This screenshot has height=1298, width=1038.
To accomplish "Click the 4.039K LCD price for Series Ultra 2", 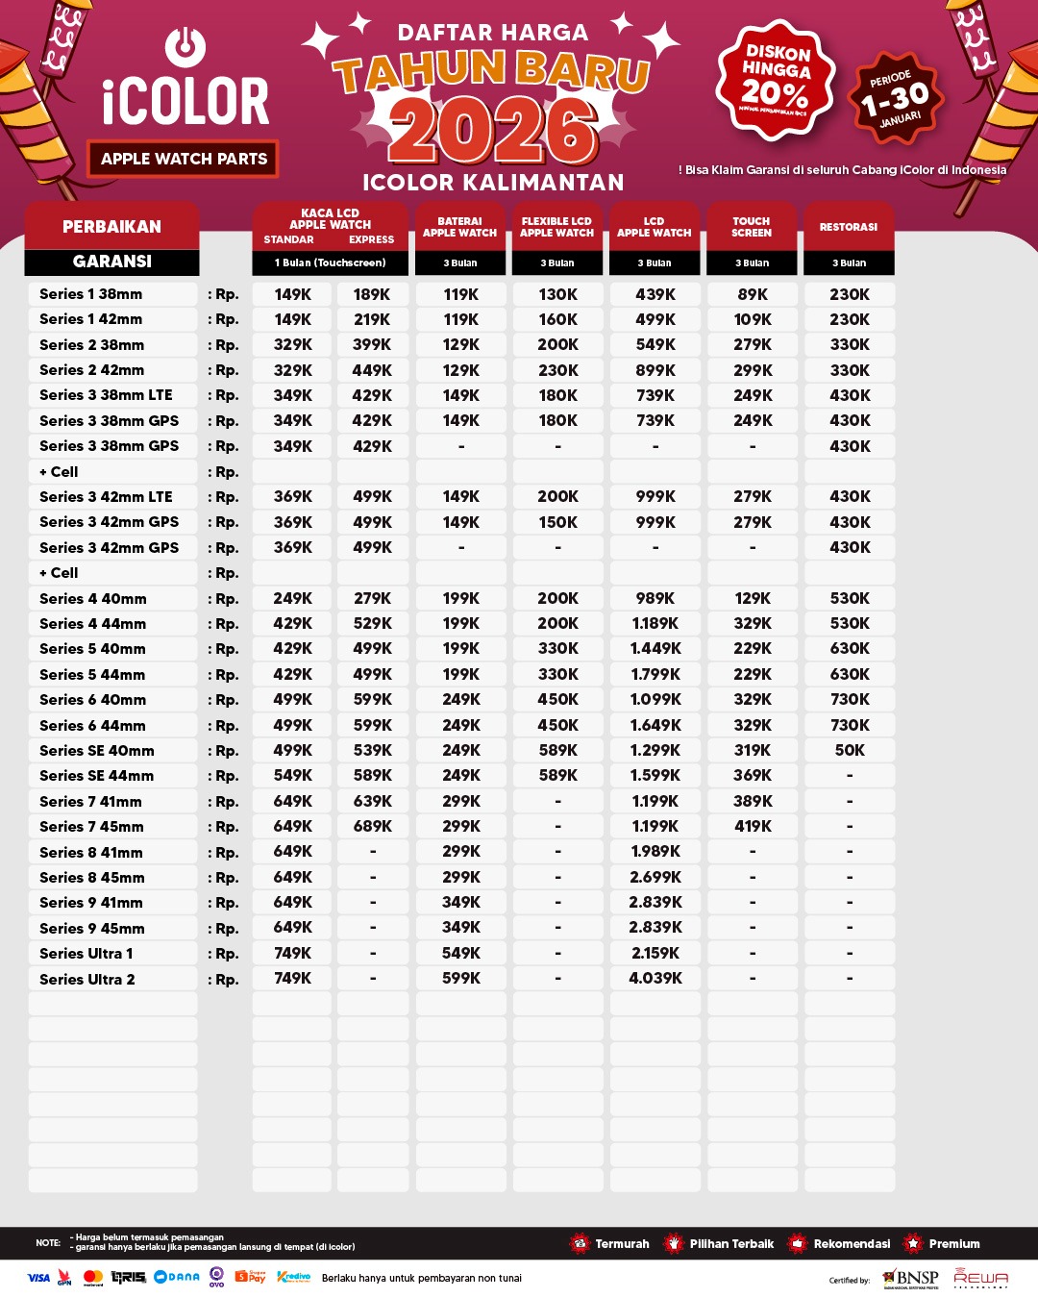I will point(655,979).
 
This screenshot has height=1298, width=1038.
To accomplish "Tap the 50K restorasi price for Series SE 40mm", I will point(850,750).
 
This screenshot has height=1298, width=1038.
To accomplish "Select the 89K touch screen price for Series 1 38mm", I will point(753,294).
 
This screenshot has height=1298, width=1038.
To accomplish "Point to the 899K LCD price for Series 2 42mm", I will point(655,370).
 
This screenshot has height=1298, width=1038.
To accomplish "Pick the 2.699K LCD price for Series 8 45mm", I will point(655,877).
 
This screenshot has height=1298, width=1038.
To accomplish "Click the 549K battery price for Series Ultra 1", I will point(461,953).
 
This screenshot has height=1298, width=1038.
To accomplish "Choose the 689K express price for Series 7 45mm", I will point(372,826).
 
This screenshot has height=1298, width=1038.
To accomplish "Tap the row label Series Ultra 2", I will point(87,979).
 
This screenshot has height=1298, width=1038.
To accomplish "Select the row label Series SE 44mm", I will point(96,776).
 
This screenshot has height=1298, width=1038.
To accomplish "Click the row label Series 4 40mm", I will point(93,598).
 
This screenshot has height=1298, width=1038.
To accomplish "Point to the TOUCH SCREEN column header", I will point(752,227).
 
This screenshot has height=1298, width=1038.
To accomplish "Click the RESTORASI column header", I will point(849,227).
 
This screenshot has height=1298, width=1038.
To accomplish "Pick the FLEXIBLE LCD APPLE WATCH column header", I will point(557,227).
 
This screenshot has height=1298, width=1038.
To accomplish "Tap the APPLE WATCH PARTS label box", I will point(184,159).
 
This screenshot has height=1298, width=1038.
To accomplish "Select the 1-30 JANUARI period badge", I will point(896,98).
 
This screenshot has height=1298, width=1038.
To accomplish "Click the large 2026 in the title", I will point(493,131).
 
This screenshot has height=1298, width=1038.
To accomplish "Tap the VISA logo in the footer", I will point(38,1278).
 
